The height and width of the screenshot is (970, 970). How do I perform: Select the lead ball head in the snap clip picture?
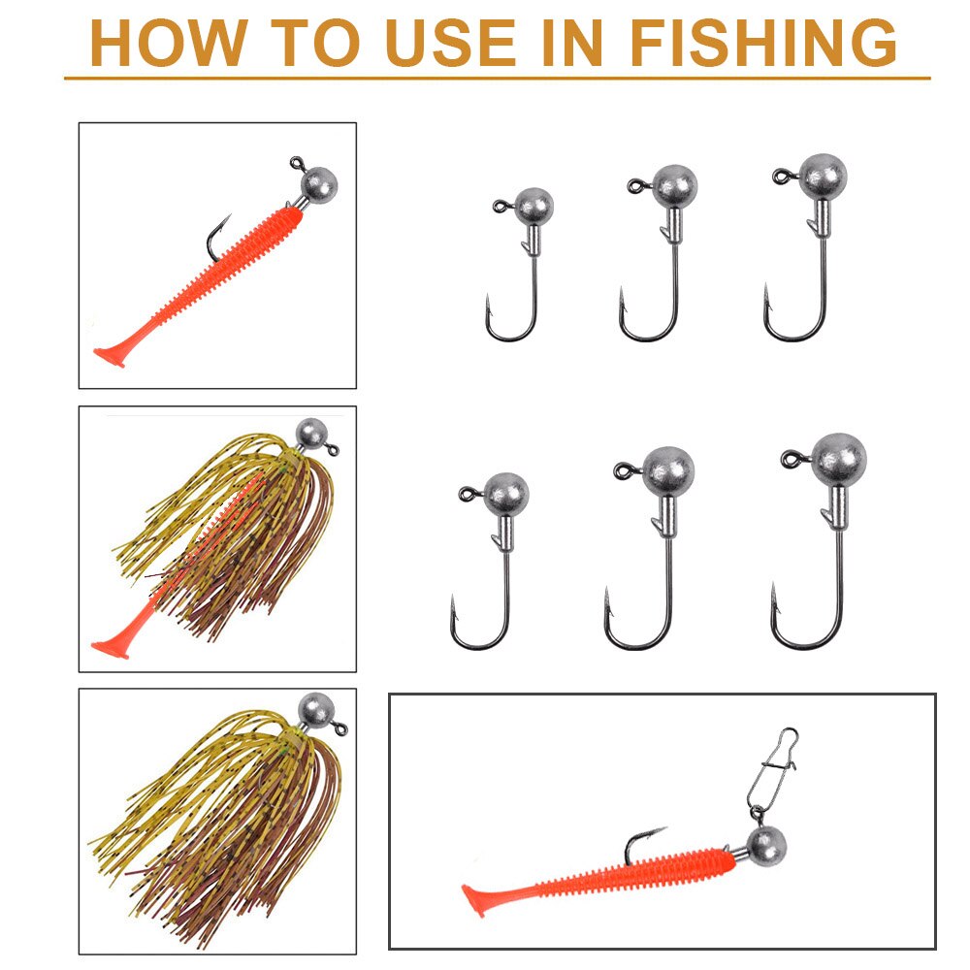tap(765, 848)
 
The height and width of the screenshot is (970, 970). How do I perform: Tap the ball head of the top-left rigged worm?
tap(319, 181)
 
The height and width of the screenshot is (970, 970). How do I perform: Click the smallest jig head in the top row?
tap(532, 207)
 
